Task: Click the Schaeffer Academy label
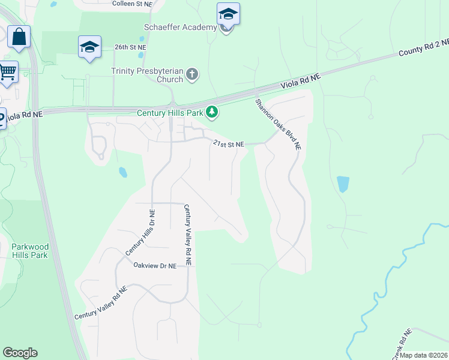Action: click(x=179, y=28)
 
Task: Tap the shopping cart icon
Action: click(x=7, y=71)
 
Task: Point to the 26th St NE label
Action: click(x=130, y=47)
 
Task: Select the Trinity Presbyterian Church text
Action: click(x=147, y=75)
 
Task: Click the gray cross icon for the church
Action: click(x=192, y=74)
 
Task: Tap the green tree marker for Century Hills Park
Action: click(x=211, y=112)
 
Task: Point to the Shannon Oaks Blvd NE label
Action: click(x=279, y=124)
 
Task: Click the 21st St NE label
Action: click(x=229, y=144)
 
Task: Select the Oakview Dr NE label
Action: click(x=155, y=265)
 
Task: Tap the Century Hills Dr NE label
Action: click(x=140, y=233)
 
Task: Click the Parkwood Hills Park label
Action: click(x=29, y=251)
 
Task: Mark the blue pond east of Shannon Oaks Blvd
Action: click(x=343, y=184)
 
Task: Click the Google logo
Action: click(x=20, y=353)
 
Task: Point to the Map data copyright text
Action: click(x=423, y=355)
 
